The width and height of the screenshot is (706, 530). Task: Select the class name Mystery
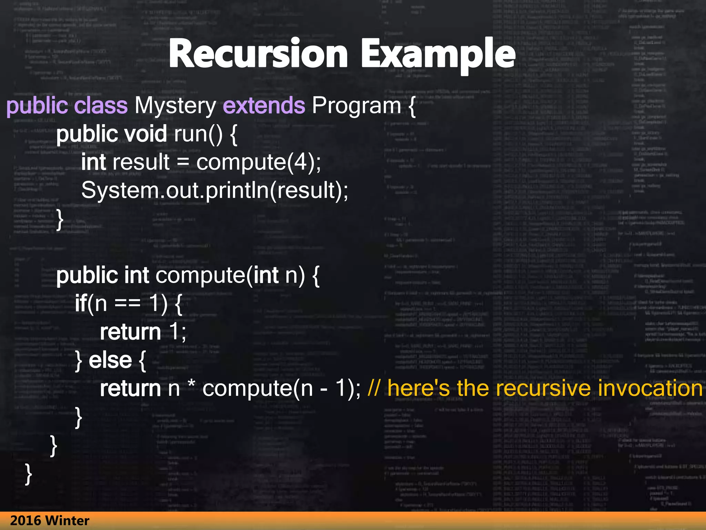pos(175,105)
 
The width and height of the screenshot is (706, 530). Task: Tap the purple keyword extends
pos(264,105)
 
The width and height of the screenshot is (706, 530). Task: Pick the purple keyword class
pos(101,105)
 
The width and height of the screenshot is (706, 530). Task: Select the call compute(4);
pos(259,162)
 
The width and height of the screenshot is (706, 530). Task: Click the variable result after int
pos(141,162)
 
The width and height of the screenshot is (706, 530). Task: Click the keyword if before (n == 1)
pos(81,303)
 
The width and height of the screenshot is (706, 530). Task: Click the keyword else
pos(110,360)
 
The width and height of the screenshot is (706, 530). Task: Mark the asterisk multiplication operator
pos(191,386)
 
